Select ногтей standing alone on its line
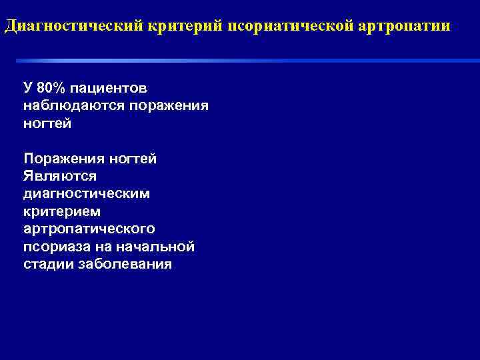[47, 123]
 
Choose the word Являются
[60, 176]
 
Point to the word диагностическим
[87, 194]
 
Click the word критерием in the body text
[62, 211]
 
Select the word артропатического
[89, 229]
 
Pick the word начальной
[155, 247]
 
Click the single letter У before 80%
[27, 88]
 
